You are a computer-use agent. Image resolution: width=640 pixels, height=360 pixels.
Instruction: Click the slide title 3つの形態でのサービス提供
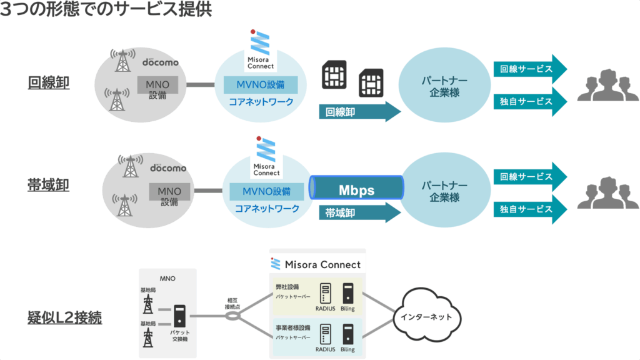pyautogui.click(x=106, y=10)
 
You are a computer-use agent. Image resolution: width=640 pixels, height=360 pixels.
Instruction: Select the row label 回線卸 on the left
pyautogui.click(x=48, y=82)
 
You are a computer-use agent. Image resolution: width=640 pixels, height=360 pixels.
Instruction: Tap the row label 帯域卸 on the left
pyautogui.click(x=48, y=185)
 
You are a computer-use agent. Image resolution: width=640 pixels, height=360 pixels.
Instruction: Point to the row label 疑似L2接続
pyautogui.click(x=65, y=317)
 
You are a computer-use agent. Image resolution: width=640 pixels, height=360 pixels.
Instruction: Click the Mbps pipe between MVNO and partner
pyautogui.click(x=356, y=189)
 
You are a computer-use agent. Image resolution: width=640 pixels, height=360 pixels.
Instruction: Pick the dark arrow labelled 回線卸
pyautogui.click(x=359, y=112)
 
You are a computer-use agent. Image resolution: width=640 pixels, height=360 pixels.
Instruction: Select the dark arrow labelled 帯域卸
pyautogui.click(x=359, y=213)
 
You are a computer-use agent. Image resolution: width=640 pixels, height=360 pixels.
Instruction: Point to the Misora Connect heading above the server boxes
pyautogui.click(x=317, y=264)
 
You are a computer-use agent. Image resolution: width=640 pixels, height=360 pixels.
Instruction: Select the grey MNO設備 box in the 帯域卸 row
pyautogui.click(x=169, y=195)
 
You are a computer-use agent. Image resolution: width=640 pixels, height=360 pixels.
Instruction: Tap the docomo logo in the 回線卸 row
pyautogui.click(x=160, y=62)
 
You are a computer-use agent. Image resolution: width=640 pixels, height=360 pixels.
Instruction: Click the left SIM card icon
pyautogui.click(x=334, y=75)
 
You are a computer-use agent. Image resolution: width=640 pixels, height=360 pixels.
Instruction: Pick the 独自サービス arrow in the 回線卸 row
pyautogui.click(x=530, y=101)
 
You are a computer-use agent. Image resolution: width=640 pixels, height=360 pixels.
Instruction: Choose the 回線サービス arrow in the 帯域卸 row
pyautogui.click(x=530, y=177)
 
